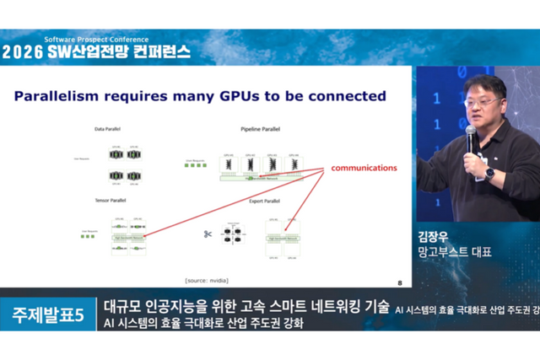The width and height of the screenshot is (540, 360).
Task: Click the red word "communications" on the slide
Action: click(x=364, y=168)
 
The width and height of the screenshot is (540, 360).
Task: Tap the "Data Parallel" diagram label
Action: click(x=109, y=129)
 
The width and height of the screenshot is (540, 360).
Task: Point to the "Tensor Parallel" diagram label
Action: click(x=111, y=201)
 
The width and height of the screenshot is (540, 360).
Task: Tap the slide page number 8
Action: click(x=399, y=283)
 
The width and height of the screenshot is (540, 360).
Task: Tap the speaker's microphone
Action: click(x=470, y=135)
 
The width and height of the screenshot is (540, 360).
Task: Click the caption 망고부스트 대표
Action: click(x=454, y=253)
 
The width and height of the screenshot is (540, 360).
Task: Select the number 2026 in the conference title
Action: click(x=24, y=51)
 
